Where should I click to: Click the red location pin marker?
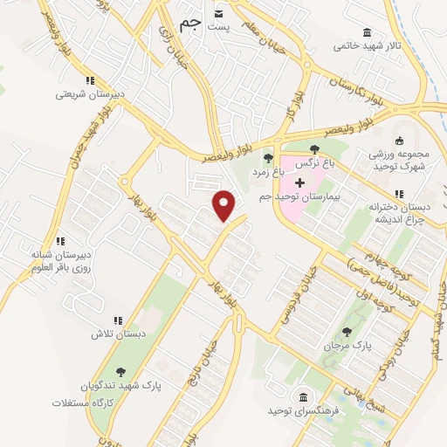coord(225,205)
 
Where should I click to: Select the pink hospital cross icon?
coord(301,182)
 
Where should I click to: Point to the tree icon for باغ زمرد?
coord(268,158)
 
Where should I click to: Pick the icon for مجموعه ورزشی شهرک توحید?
coord(402,141)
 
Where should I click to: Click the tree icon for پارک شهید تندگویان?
coord(120,371)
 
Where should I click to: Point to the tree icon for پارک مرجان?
coord(347,331)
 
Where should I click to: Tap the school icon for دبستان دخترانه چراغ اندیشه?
coord(398,194)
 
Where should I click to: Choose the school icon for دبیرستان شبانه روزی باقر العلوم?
coord(60,241)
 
